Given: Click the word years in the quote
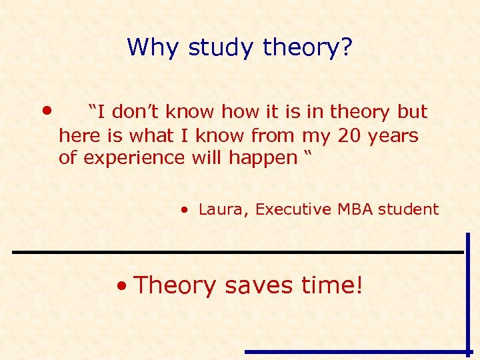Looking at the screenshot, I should click(x=396, y=136).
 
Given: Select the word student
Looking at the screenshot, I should click(x=409, y=209).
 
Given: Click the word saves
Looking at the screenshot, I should click(x=259, y=285).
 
